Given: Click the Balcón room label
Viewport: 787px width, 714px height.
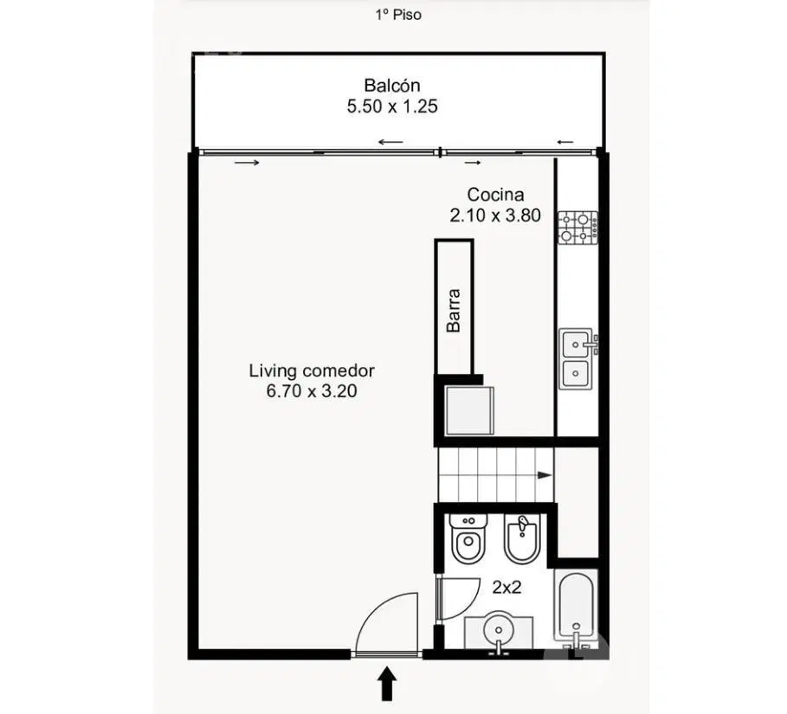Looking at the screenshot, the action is [x=392, y=86].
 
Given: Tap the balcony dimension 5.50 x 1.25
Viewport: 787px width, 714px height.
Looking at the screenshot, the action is [x=392, y=106].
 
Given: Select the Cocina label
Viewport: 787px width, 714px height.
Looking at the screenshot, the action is [x=495, y=195].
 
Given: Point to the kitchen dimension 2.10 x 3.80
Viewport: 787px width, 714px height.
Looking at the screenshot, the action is [x=495, y=215].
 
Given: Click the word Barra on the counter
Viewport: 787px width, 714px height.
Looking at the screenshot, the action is [x=453, y=310].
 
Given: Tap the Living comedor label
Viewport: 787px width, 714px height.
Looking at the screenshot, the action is [x=312, y=370].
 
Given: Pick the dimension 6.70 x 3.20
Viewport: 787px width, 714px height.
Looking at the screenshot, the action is [x=312, y=391].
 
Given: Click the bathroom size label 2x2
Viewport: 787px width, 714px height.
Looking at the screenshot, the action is [x=506, y=587].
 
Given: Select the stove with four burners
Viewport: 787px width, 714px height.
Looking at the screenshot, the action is [x=578, y=228].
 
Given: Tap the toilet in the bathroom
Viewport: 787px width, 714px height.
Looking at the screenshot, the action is [x=468, y=538].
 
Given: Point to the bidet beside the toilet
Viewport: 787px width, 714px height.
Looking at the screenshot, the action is [x=522, y=538].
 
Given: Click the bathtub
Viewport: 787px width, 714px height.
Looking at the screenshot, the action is [x=577, y=610].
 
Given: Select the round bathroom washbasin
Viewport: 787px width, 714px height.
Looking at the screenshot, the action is [x=499, y=630].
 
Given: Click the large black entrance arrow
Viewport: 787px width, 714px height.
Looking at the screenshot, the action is [x=387, y=683].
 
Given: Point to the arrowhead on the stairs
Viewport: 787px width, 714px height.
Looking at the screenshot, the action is [x=545, y=475].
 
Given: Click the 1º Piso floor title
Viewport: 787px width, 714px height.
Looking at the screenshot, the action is [x=398, y=15].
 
